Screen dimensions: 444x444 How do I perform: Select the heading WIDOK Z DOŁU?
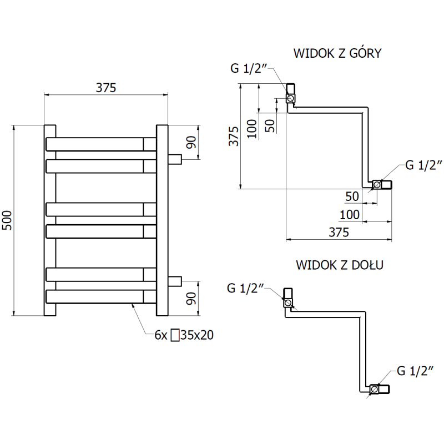(340, 264)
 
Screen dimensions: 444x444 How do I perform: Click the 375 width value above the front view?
(105, 87)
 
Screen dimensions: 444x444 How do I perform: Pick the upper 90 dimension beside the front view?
(190, 142)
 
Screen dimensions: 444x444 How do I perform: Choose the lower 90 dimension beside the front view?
(190, 299)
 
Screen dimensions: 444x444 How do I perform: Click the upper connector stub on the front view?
(175, 159)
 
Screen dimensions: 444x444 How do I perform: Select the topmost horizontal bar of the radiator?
(100, 144)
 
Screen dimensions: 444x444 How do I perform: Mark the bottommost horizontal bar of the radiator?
(100, 297)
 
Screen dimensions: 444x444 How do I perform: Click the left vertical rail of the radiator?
(50, 220)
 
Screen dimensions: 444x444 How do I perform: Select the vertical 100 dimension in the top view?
(252, 129)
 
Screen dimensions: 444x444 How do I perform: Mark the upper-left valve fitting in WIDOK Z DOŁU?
(289, 298)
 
